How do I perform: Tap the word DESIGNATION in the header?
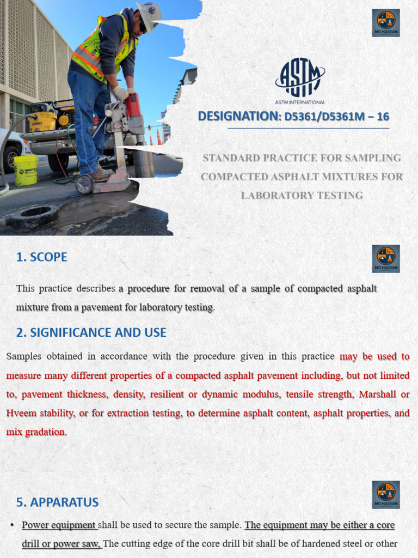[237, 116]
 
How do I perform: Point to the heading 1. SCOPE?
[41, 257]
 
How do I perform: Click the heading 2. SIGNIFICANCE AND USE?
[91, 332]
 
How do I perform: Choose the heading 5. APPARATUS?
[57, 502]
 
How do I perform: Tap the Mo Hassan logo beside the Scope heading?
[386, 258]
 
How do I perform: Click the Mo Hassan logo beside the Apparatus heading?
[386, 494]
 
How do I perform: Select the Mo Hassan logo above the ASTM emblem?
[386, 22]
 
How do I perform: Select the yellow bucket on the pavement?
[26, 169]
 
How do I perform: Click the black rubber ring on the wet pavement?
[34, 217]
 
